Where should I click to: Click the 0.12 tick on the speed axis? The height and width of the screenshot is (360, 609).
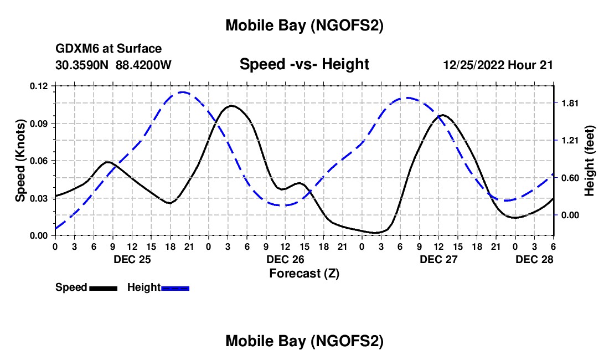click(40, 86)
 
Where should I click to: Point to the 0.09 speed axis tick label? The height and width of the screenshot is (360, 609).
click(40, 123)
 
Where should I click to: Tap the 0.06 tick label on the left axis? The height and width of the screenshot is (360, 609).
click(40, 161)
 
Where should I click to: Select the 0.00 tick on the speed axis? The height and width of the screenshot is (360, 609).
click(40, 235)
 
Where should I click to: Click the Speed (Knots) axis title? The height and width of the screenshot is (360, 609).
click(20, 161)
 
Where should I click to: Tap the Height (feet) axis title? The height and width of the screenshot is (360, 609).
click(590, 160)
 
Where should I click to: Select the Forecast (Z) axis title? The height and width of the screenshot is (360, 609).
click(304, 273)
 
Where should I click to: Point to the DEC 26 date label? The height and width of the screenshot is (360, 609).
click(286, 259)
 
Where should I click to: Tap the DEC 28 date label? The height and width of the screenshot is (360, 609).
click(535, 259)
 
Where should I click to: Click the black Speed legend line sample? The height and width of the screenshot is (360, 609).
click(103, 287)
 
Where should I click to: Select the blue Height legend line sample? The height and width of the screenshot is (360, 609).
click(175, 287)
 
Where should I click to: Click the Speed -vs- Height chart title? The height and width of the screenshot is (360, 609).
click(304, 65)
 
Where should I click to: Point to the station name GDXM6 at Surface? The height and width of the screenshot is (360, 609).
click(109, 49)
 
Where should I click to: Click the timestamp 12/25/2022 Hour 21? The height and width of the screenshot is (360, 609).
click(498, 65)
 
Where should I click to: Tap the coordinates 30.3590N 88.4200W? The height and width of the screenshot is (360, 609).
click(113, 65)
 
